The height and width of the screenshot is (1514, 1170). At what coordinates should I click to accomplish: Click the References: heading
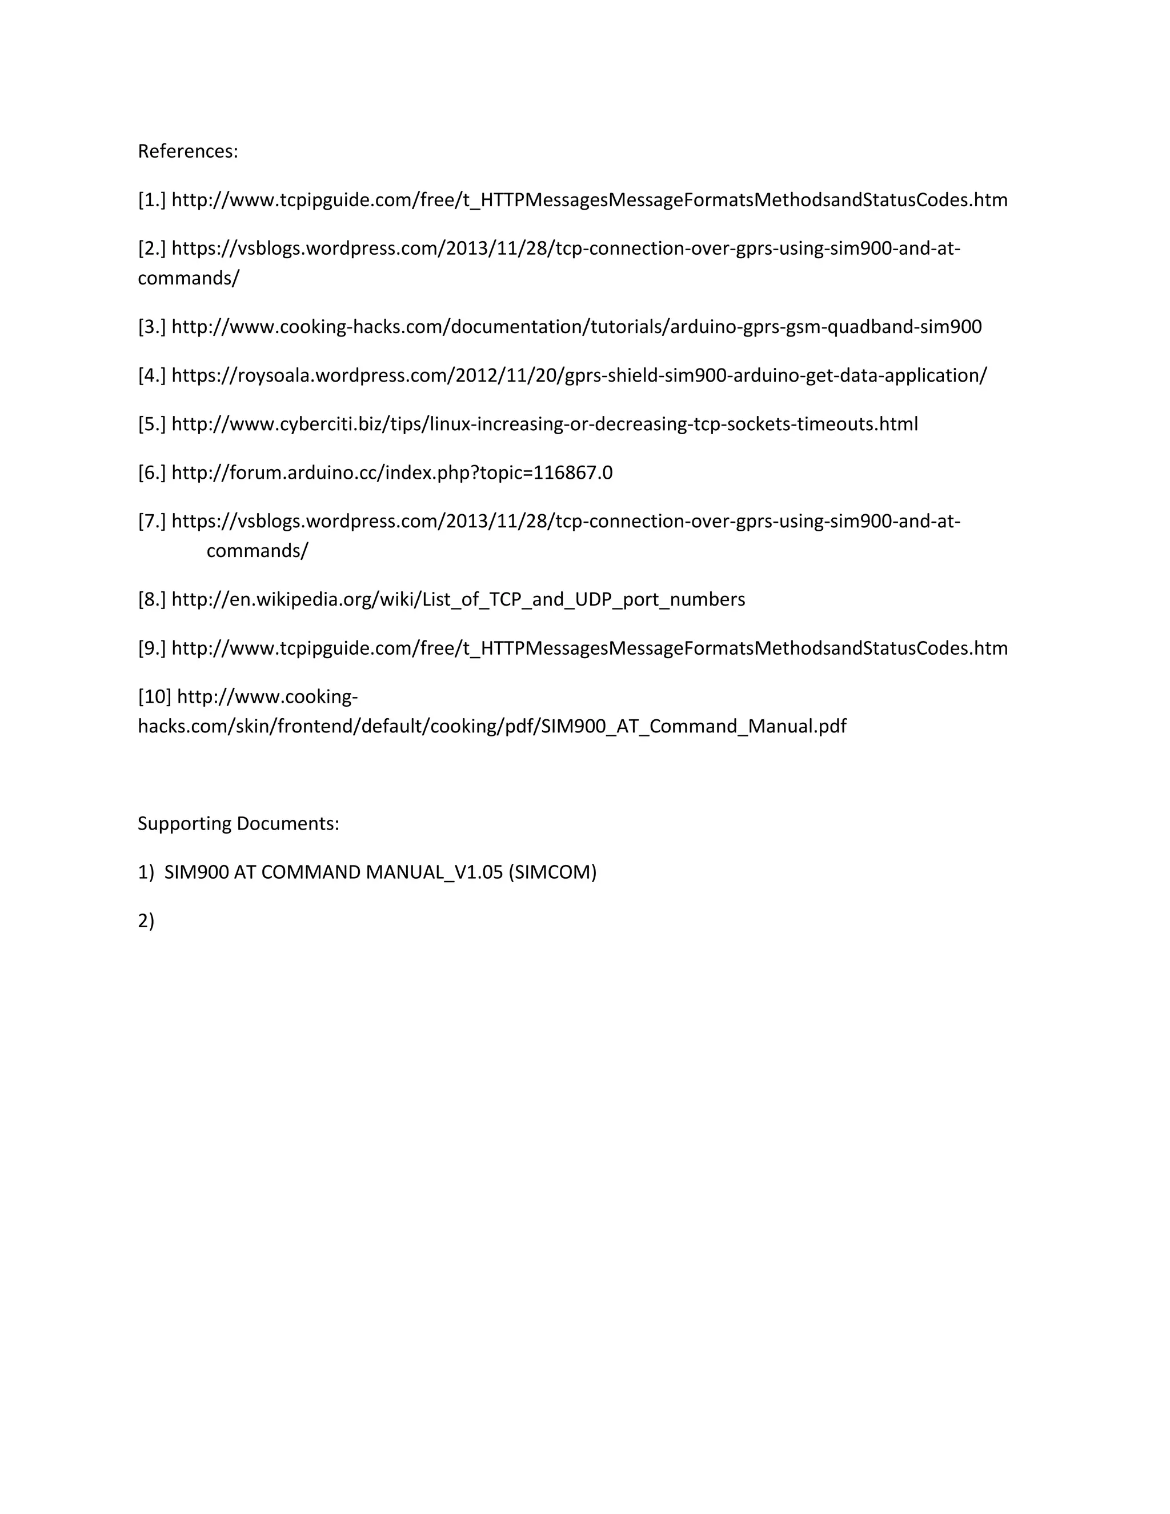coord(188,151)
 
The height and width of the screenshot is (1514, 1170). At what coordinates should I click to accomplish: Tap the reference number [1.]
coord(152,201)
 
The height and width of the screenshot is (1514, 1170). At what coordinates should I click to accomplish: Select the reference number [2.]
coord(152,248)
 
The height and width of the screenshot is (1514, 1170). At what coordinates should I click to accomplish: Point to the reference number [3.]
coord(152,326)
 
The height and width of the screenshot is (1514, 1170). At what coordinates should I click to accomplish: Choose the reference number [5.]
coord(152,424)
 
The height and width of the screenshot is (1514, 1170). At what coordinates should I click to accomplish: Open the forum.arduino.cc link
coord(391,473)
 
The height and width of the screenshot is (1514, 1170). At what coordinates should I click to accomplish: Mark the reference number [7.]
coord(152,521)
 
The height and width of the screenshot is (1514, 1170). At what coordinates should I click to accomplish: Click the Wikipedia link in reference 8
coord(458,600)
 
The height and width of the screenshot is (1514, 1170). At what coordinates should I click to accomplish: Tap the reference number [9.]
coord(152,648)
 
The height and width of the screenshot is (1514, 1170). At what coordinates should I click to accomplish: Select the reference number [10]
coord(155,696)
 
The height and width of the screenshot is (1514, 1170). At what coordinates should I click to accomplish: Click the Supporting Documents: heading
coord(238,823)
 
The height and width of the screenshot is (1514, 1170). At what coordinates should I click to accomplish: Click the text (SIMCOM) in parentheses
coord(552,872)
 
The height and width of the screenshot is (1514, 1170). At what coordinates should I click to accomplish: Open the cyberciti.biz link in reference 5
coord(544,424)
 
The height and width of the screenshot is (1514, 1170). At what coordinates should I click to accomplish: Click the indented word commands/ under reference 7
coord(257,551)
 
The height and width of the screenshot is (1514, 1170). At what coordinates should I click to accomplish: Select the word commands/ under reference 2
coord(189,279)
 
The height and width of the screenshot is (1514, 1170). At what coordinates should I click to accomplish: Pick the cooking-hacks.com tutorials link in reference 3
coord(576,326)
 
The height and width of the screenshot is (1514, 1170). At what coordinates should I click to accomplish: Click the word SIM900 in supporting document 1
coord(196,872)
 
